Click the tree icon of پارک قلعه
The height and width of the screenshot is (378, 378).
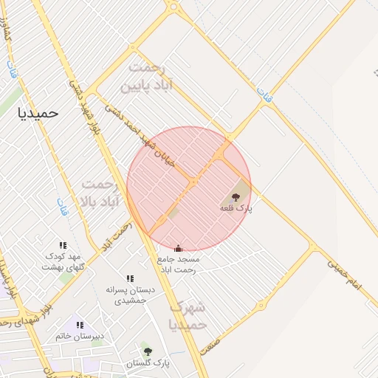point(236,197)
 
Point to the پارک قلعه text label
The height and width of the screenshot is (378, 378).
point(236,209)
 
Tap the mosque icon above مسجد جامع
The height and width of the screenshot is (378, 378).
point(178,248)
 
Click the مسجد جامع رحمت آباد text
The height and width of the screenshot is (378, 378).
point(178,264)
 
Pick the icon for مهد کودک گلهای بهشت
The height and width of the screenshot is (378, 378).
point(63,245)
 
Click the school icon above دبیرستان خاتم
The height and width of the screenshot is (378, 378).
point(80,325)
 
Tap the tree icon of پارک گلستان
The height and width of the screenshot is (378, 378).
point(147,351)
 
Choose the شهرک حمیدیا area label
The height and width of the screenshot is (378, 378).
point(188,315)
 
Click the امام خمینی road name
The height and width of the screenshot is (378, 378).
point(345,275)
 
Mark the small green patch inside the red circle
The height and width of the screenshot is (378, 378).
point(173,213)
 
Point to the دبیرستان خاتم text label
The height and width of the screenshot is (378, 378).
point(80,337)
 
